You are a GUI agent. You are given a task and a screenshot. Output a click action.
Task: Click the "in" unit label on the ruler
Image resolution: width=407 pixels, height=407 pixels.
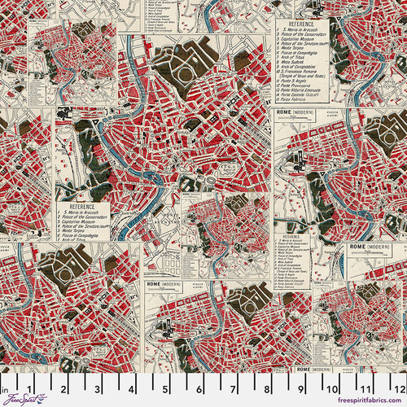(4, 380)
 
